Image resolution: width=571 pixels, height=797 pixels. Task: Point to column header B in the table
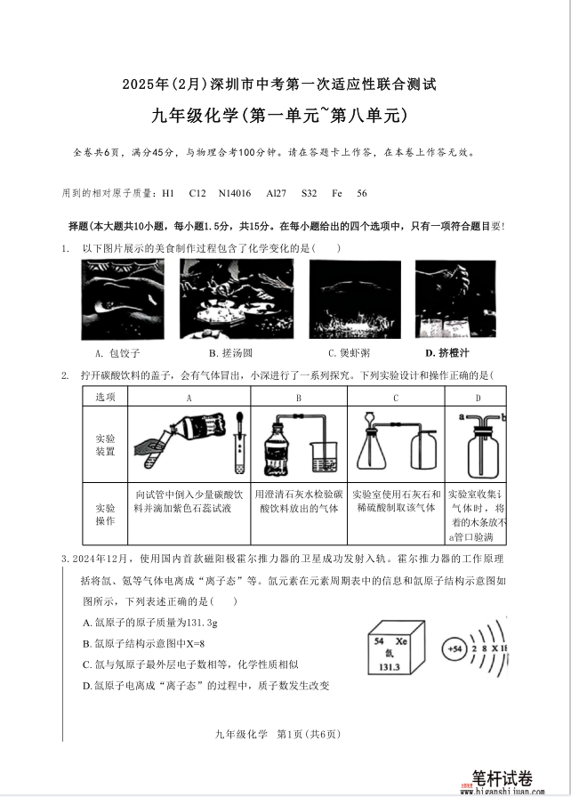pyautogui.click(x=299, y=398)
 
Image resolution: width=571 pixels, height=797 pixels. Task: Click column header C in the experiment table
pyautogui.click(x=395, y=398)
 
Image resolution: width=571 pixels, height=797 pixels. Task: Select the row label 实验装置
pyautogui.click(x=105, y=446)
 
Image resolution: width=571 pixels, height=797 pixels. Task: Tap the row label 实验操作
pyautogui.click(x=105, y=513)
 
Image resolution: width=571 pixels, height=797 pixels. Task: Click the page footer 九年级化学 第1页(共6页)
pyautogui.click(x=277, y=734)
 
